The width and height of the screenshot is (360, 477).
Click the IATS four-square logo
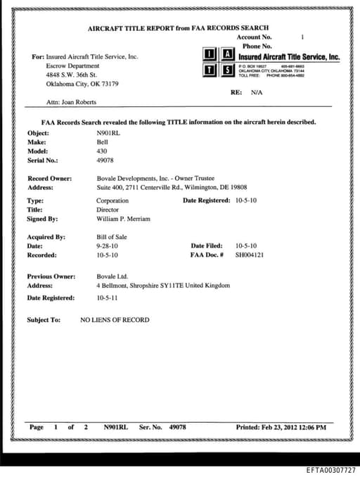218,62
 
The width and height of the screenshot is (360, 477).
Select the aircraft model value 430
101,151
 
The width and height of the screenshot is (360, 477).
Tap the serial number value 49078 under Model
105,160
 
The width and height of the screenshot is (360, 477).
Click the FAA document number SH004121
250,255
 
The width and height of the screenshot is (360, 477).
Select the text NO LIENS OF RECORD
115,320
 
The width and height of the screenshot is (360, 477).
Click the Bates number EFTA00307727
330,469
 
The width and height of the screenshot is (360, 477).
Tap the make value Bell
102,142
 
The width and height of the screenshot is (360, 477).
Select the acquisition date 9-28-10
106,246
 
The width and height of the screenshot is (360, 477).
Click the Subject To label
44,320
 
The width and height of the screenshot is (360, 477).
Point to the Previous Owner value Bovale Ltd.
112,276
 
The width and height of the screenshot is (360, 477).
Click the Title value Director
108,210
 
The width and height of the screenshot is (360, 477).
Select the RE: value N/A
257,92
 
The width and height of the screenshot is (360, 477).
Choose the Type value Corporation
112,201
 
